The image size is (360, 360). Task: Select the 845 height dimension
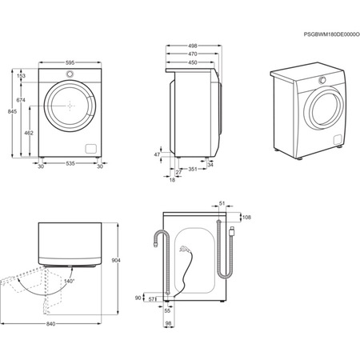10,113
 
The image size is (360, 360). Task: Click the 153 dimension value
22,76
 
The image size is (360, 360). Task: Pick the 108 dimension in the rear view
246,217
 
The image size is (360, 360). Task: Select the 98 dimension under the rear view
169,323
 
